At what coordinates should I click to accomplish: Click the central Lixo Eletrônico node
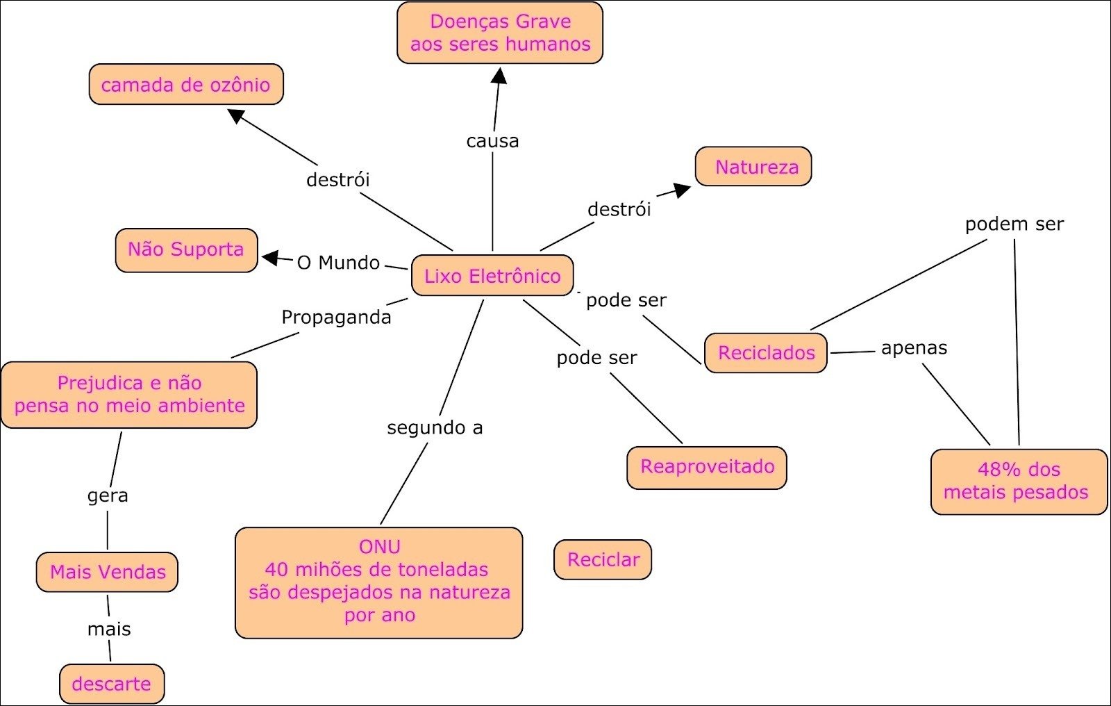point(492,276)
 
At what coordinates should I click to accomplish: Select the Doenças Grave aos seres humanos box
point(500,33)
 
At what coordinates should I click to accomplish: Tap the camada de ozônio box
point(186,85)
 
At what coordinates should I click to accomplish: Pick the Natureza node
point(753,167)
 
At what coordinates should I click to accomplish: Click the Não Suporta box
point(186,249)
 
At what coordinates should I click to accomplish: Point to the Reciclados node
point(766,353)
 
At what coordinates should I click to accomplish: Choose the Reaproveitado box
point(707,466)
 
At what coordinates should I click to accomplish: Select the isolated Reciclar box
point(603,559)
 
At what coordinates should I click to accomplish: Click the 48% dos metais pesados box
point(1018,481)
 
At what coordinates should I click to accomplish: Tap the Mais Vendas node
point(108,572)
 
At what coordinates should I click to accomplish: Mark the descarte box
point(112,684)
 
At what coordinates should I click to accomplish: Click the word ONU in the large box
point(379,547)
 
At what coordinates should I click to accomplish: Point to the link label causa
point(492,141)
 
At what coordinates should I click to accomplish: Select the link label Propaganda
point(336,318)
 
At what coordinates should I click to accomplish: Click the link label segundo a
point(435,427)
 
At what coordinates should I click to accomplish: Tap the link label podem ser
point(1014,224)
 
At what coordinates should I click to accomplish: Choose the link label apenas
point(914,347)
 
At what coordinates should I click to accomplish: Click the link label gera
point(108,495)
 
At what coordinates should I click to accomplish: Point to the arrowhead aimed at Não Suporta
point(269,258)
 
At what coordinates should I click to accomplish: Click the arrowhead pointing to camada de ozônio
point(237,115)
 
